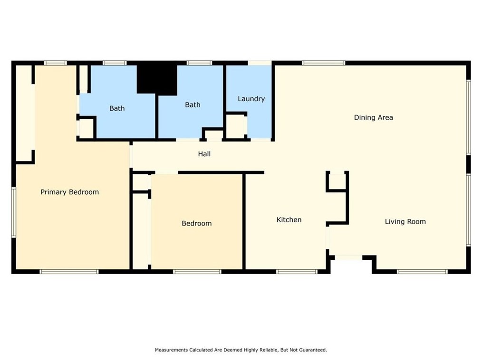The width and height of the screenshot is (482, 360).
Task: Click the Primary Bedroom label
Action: click(x=69, y=192)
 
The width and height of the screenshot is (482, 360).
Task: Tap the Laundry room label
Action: click(x=251, y=99)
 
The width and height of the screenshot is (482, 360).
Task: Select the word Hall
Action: click(x=204, y=154)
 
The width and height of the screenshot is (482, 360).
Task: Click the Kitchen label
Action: click(x=289, y=219)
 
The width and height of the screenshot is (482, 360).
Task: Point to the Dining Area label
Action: click(x=373, y=117)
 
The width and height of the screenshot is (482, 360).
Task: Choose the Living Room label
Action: click(x=405, y=221)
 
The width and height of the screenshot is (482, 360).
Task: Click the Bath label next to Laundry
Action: click(x=193, y=104)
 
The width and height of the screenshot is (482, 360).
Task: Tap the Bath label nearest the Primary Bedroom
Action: click(x=117, y=108)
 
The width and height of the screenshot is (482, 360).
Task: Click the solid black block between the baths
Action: click(x=156, y=79)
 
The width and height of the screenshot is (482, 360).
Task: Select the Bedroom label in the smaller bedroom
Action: click(x=196, y=223)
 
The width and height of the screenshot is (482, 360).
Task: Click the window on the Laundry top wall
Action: click(x=260, y=63)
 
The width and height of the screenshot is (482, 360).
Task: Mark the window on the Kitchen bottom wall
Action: click(x=297, y=271)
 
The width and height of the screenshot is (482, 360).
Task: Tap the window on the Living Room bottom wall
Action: click(x=422, y=271)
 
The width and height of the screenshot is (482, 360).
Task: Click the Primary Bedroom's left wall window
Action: click(x=14, y=212)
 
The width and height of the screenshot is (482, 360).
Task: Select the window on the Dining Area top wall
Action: click(x=324, y=63)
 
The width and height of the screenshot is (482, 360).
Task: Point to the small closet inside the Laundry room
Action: click(x=235, y=126)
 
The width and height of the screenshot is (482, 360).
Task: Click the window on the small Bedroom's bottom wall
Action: click(x=197, y=271)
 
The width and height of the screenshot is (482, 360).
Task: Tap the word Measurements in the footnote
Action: click(x=172, y=350)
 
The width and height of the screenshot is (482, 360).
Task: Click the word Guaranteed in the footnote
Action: click(x=311, y=350)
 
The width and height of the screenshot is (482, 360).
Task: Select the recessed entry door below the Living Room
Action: click(x=348, y=257)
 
